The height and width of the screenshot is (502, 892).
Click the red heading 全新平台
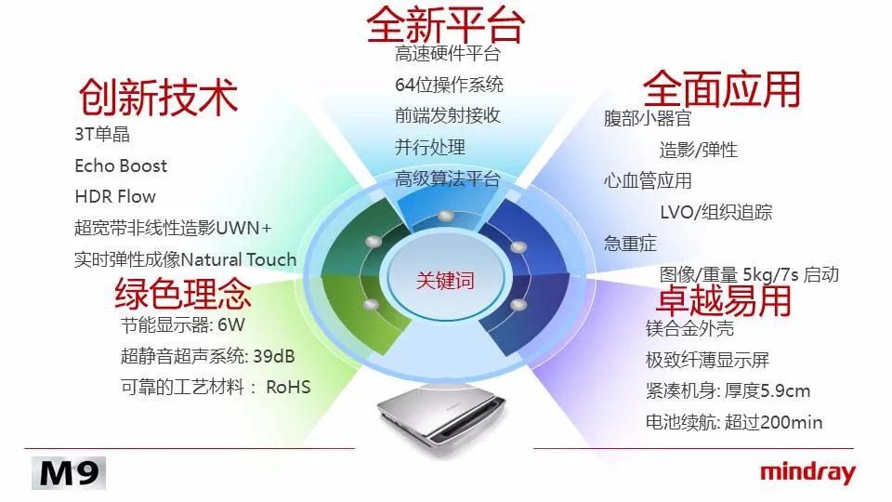click(x=445, y=24)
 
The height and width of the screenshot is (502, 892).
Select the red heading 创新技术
click(x=158, y=97)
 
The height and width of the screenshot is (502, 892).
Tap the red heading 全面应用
click(x=722, y=89)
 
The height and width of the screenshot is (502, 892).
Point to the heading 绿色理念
click(x=183, y=293)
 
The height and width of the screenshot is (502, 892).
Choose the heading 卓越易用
click(x=724, y=300)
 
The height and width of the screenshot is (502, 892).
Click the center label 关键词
click(x=445, y=280)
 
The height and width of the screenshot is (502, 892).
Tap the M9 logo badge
click(x=69, y=473)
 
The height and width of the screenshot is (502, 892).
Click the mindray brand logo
click(x=807, y=473)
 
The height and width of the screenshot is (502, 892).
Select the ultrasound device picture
click(x=441, y=418)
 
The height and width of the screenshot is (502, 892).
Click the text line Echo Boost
click(x=121, y=165)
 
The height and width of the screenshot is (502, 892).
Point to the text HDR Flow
click(x=115, y=196)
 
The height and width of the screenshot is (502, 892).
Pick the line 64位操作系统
click(x=449, y=85)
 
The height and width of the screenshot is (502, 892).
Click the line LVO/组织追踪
click(x=715, y=212)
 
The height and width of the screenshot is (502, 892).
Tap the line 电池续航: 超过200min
click(x=734, y=422)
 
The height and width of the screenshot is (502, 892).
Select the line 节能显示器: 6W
click(x=183, y=325)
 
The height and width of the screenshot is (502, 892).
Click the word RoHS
click(x=288, y=387)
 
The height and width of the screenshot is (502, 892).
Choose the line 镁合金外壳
click(x=689, y=328)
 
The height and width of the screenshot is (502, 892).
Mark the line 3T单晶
click(x=102, y=134)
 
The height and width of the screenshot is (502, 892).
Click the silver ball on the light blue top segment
click(x=445, y=216)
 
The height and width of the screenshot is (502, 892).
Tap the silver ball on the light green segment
click(x=371, y=305)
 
